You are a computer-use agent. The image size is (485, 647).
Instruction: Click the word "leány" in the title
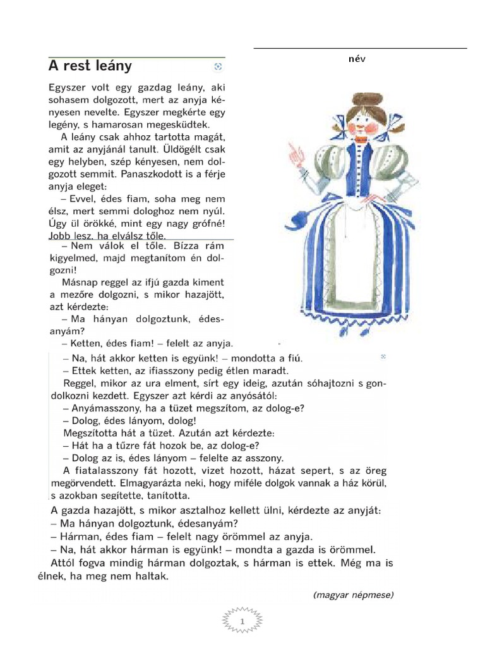pyautogui.click(x=111, y=66)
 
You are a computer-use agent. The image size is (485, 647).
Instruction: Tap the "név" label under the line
pyautogui.click(x=357, y=59)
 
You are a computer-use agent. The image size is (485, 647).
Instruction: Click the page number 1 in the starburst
pyautogui.click(x=242, y=622)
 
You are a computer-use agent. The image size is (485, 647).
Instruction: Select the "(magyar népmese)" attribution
pyautogui.click(x=353, y=595)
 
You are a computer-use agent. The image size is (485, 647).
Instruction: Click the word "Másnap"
pyautogui.click(x=80, y=282)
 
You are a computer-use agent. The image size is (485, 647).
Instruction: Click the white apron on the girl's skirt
pyautogui.click(x=358, y=259)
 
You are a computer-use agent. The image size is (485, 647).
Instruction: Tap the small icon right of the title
pyautogui.click(x=219, y=66)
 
